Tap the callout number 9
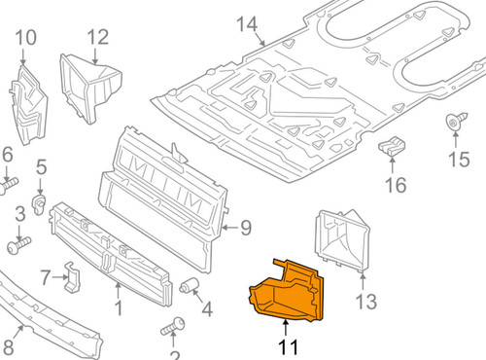[246, 229]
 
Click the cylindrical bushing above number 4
[191, 285]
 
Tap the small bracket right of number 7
[74, 276]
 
